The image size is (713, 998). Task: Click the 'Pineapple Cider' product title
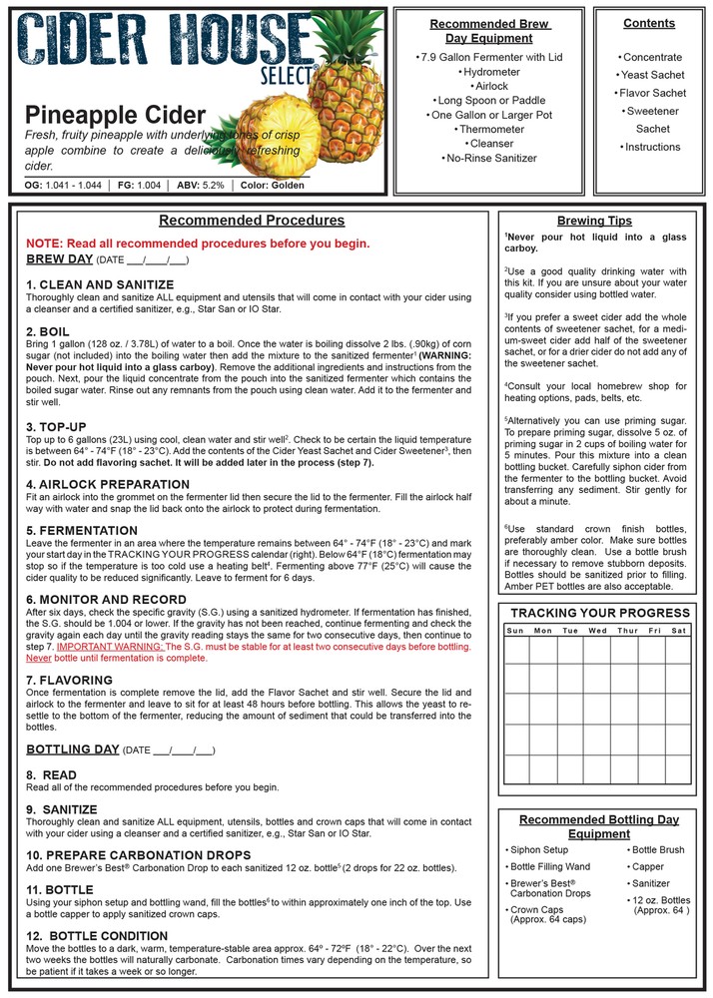(115, 115)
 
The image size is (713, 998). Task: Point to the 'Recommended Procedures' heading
(252, 221)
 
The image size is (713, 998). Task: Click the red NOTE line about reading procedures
(198, 244)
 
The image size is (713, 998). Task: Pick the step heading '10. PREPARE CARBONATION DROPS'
(138, 855)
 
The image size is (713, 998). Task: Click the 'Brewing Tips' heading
(594, 221)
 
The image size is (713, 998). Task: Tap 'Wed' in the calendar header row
(597, 631)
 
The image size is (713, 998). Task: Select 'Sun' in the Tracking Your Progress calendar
(515, 631)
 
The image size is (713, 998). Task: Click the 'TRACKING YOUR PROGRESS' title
(599, 613)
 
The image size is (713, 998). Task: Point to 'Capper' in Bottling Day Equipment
(647, 867)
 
